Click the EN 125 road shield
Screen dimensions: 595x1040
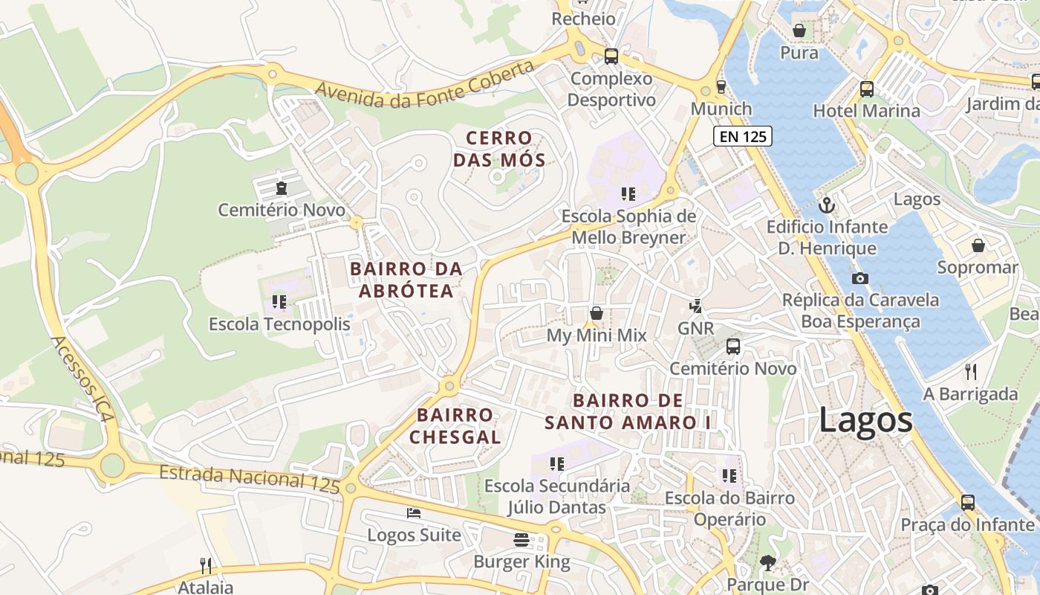(x=743, y=136)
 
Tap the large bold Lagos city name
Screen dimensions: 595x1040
(x=865, y=420)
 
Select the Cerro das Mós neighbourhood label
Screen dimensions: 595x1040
(x=499, y=149)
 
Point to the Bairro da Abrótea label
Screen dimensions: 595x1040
(x=406, y=280)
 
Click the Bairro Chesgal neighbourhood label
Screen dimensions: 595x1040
(x=455, y=426)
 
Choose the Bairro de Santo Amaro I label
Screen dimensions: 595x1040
(x=628, y=411)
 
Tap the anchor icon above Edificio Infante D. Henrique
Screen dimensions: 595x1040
(x=826, y=205)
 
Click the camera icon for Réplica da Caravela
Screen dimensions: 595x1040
(x=860, y=279)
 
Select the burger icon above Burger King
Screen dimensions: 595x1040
(x=521, y=540)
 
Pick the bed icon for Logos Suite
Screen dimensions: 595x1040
(x=414, y=513)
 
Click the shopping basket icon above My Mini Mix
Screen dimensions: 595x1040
(x=596, y=313)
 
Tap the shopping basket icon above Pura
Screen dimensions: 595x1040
(x=799, y=30)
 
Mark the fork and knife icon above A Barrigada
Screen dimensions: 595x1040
(x=970, y=371)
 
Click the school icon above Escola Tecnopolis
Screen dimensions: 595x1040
(x=279, y=301)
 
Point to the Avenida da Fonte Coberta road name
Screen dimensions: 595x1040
(x=424, y=84)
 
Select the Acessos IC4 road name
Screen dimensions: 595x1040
(x=82, y=379)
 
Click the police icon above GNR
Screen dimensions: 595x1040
(x=696, y=306)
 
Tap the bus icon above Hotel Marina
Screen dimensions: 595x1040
(x=866, y=89)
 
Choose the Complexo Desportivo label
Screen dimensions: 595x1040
(x=612, y=89)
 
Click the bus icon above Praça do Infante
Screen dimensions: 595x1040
(x=967, y=502)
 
